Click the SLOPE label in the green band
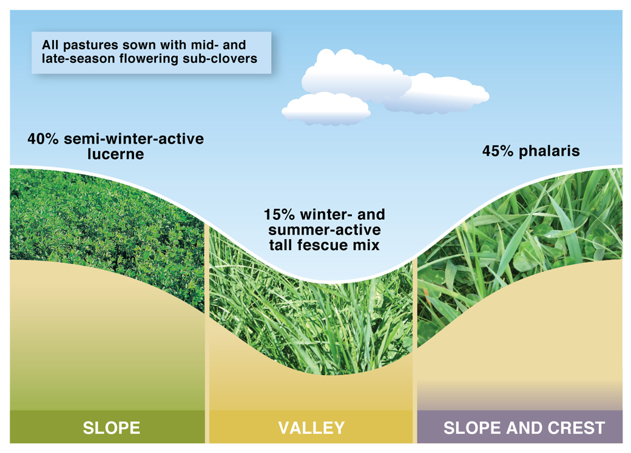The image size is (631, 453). pos(112,428)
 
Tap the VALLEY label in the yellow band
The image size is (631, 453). pos(311,428)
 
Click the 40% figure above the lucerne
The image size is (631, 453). pos(43,139)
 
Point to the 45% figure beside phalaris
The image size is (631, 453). pos(498,151)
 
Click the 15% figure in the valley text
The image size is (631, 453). pos(279,214)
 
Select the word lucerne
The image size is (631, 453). pos(115,154)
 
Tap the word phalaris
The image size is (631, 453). pos(549,151)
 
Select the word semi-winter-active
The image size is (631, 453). pos(133,139)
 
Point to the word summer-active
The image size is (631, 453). pos(325,230)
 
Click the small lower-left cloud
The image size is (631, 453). pos(326,108)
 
